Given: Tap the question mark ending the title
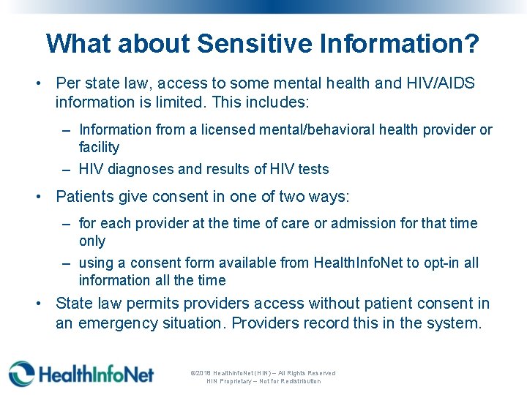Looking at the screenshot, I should click(472, 43).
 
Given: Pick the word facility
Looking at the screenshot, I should click(99, 147).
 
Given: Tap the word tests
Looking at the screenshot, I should click(313, 169).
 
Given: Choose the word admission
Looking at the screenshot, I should click(365, 223).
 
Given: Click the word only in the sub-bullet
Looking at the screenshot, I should click(92, 241).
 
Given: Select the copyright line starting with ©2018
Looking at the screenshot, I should click(263, 373).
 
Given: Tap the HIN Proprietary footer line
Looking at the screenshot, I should click(263, 381).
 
